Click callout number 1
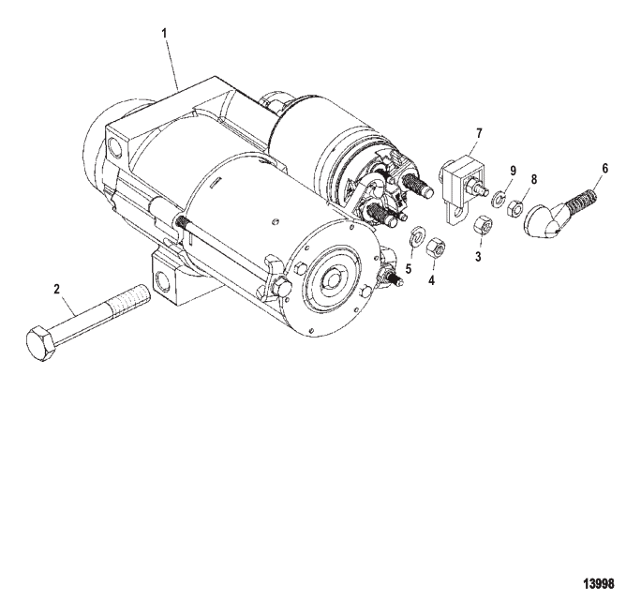point(164,34)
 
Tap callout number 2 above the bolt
point(57,289)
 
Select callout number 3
point(478,257)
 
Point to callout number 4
point(431,280)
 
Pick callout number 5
point(408,269)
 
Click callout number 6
point(604,168)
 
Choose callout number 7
point(479,133)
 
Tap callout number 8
point(534,179)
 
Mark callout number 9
point(513,171)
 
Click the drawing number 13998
point(599,584)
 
